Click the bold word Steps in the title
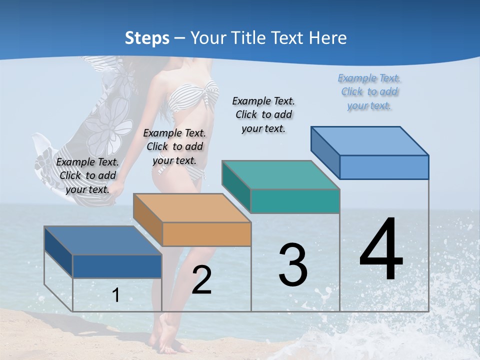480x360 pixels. pyautogui.click(x=147, y=38)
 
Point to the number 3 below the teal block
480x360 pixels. pyautogui.click(x=293, y=265)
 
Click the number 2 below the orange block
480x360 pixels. pyautogui.click(x=201, y=280)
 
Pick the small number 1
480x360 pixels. pyautogui.click(x=116, y=295)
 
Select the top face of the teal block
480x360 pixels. pyautogui.click(x=280, y=174)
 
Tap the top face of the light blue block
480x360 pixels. pyautogui.click(x=369, y=140)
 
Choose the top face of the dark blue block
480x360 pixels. pyautogui.click(x=102, y=240)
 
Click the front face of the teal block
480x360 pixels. pyautogui.click(x=295, y=201)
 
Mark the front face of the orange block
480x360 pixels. pyautogui.click(x=206, y=234)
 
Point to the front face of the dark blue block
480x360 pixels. pyautogui.click(x=117, y=266)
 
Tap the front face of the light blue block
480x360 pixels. pyautogui.click(x=384, y=167)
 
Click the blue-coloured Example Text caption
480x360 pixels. pyautogui.click(x=369, y=91)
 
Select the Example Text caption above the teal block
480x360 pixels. pyautogui.click(x=263, y=114)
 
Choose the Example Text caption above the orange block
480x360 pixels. pyautogui.click(x=174, y=146)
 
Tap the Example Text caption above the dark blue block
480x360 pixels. pyautogui.click(x=87, y=175)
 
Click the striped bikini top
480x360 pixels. pyautogui.click(x=192, y=97)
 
